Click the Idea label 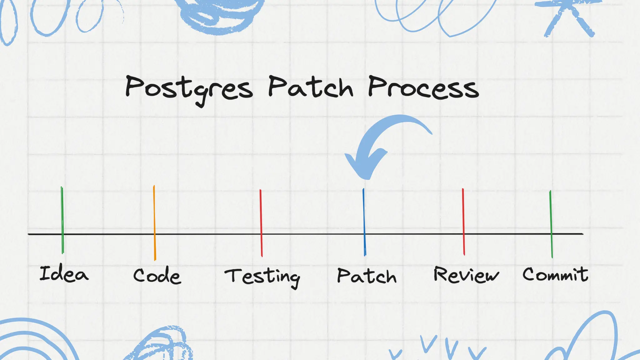(x=64, y=274)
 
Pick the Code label (x=157, y=276)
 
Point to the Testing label (x=262, y=277)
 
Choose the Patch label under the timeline (x=367, y=276)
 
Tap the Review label (x=466, y=275)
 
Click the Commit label (x=555, y=274)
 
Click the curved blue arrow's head (x=364, y=166)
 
